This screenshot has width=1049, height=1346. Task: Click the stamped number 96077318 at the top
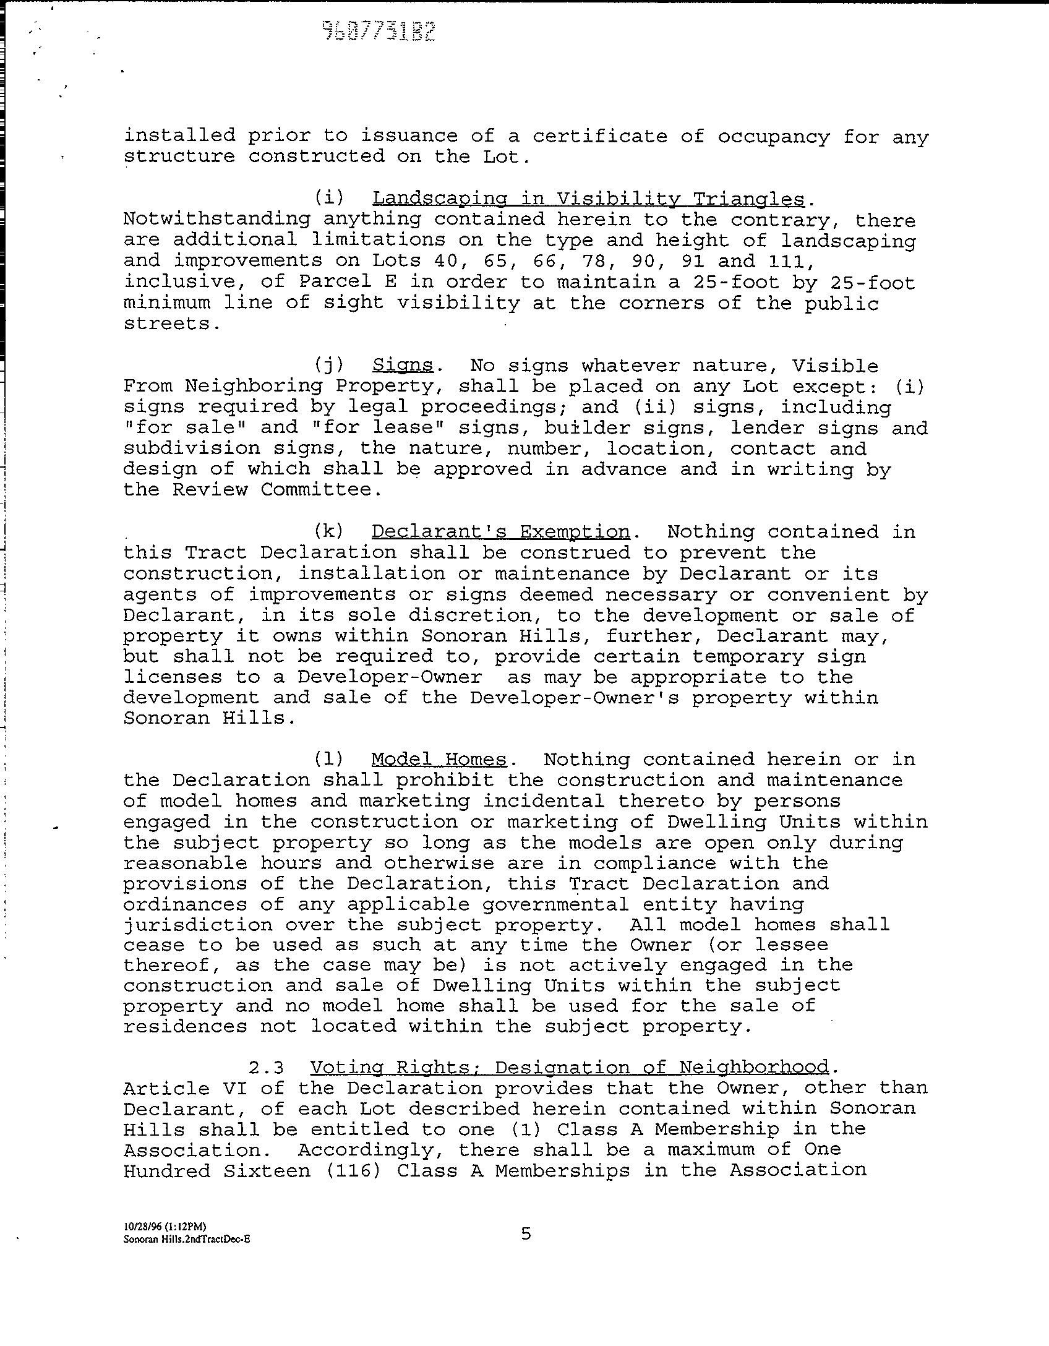coord(379,30)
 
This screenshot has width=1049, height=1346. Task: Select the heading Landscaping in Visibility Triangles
coord(588,199)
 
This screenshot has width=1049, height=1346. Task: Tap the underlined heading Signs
coord(403,365)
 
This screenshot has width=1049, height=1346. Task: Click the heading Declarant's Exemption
coord(500,531)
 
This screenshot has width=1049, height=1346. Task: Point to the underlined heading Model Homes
coord(439,759)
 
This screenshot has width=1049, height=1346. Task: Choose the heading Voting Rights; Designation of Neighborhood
coord(569,1067)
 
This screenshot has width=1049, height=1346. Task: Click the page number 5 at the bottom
coord(526,1233)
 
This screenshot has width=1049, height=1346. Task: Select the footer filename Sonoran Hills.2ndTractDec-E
coord(187,1239)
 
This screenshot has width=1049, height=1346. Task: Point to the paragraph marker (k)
coord(328,532)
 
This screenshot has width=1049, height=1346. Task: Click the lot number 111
coord(786,260)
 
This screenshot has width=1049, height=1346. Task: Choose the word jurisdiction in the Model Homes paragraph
coord(198,925)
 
